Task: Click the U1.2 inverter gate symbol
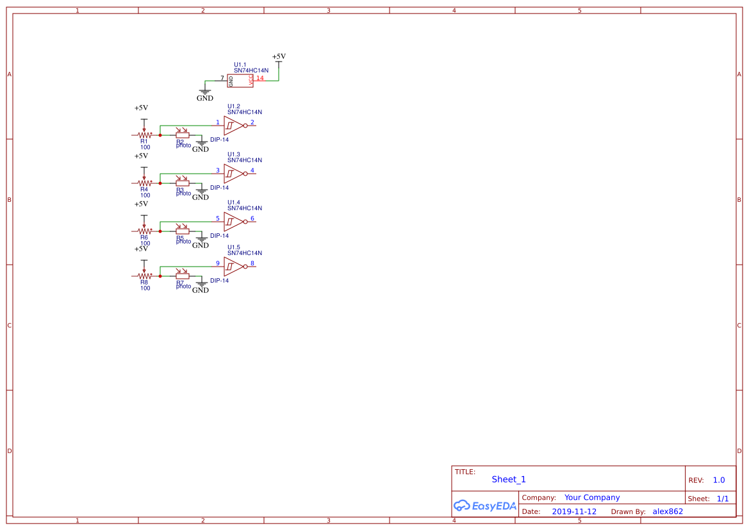click(x=234, y=126)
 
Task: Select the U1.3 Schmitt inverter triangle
click(x=234, y=174)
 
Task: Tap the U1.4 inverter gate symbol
click(x=234, y=222)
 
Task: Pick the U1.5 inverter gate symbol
click(x=234, y=267)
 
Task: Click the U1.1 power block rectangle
click(x=241, y=81)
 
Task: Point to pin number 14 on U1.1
click(x=260, y=78)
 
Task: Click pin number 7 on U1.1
click(x=222, y=78)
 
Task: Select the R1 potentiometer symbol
click(x=144, y=135)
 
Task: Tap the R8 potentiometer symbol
click(x=144, y=276)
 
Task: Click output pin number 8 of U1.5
click(x=252, y=263)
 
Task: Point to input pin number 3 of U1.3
click(x=217, y=170)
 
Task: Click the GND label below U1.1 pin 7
click(x=205, y=98)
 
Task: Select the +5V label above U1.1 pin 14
click(x=279, y=57)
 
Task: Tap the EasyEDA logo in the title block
click(x=485, y=506)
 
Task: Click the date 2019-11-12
click(x=574, y=511)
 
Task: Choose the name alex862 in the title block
click(x=668, y=511)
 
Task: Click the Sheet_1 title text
click(x=509, y=479)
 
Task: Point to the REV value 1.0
click(x=719, y=480)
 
